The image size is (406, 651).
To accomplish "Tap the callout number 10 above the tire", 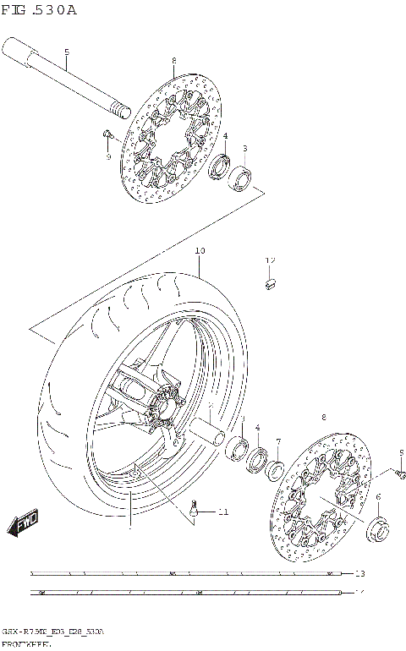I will pyautogui.click(x=200, y=251).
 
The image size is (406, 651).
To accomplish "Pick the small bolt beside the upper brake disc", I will pyautogui.click(x=107, y=134).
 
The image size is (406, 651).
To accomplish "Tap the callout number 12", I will pyautogui.click(x=271, y=260).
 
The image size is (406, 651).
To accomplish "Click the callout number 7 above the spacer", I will pyautogui.click(x=278, y=441).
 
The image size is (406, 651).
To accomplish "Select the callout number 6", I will pyautogui.click(x=378, y=497).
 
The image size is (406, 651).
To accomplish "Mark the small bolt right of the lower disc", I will pyautogui.click(x=400, y=468).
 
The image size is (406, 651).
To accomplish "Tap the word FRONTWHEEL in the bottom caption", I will pyautogui.click(x=25, y=644).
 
